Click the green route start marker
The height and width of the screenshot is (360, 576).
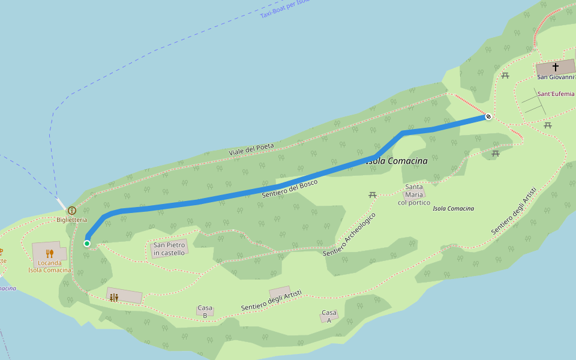[87, 243]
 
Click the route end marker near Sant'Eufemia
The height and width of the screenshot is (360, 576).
[489, 116]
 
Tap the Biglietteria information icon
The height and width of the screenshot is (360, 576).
[72, 211]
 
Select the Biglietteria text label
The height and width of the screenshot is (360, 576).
[72, 220]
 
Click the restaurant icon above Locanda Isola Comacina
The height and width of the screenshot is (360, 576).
[50, 253]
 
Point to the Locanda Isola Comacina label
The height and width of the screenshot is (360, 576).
[49, 266]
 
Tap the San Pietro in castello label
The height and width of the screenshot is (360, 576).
[169, 249]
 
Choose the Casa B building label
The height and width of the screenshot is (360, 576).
[205, 312]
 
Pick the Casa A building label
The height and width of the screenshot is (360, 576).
[329, 316]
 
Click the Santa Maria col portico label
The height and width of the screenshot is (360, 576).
[414, 195]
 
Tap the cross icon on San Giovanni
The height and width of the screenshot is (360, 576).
[556, 67]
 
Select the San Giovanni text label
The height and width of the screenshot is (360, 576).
[555, 77]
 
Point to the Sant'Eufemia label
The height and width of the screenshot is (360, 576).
[556, 94]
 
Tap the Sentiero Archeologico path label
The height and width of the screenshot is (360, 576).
[350, 235]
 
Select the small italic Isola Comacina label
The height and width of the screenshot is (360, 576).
[454, 209]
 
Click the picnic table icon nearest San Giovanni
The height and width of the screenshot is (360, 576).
[505, 76]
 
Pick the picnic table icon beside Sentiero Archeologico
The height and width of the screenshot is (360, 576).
[373, 195]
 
